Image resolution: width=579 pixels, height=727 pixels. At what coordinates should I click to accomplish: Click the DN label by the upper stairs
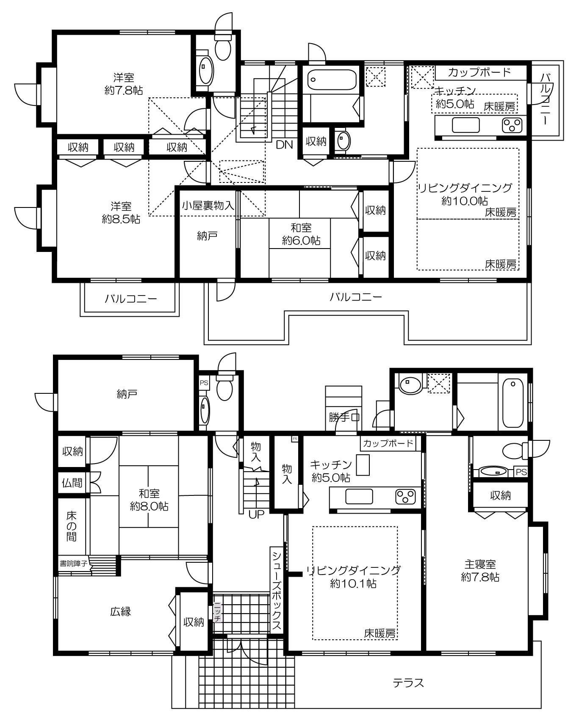tap(284, 145)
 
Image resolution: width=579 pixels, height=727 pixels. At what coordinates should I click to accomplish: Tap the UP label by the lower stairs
tap(256, 515)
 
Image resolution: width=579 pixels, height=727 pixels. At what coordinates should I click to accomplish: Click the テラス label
tap(408, 683)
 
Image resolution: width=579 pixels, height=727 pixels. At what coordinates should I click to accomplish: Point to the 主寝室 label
tap(479, 564)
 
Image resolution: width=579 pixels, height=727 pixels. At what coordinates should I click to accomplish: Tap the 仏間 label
tap(72, 482)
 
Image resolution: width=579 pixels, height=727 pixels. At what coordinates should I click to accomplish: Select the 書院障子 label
tap(73, 564)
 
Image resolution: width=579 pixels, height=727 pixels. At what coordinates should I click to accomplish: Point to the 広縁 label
tap(121, 611)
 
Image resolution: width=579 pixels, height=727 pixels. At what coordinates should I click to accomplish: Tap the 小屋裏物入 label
tap(208, 206)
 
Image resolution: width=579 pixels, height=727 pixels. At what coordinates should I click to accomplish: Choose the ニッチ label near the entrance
tap(217, 612)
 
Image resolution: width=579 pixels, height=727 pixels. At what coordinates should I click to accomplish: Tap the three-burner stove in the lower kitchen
tap(406, 497)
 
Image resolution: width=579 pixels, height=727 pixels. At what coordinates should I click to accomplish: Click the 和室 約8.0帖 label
tap(149, 500)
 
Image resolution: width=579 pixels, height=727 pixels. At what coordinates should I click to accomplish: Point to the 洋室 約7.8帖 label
tap(124, 84)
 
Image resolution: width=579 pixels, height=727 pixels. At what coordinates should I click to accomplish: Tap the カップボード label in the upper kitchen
tap(479, 72)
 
